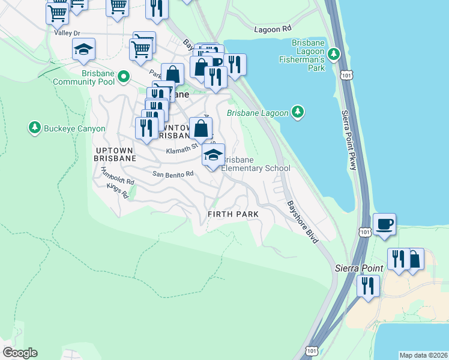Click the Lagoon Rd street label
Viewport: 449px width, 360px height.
click(x=273, y=29)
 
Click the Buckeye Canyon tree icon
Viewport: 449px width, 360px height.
click(x=34, y=128)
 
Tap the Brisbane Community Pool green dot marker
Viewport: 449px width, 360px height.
click(x=124, y=76)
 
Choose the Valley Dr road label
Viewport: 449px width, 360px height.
click(x=67, y=33)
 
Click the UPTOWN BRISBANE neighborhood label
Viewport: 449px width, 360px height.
click(x=115, y=153)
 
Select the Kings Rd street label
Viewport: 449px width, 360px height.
click(x=118, y=191)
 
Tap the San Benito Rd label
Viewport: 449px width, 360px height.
click(x=173, y=174)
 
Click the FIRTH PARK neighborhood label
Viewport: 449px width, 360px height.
click(x=233, y=214)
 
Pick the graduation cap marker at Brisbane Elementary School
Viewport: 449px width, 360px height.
click(x=212, y=155)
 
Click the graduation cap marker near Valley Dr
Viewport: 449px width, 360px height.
click(x=83, y=50)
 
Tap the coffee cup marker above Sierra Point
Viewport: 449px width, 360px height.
click(x=384, y=224)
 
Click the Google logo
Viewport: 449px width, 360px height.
click(x=20, y=353)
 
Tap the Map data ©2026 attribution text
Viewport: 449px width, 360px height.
click(x=423, y=355)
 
